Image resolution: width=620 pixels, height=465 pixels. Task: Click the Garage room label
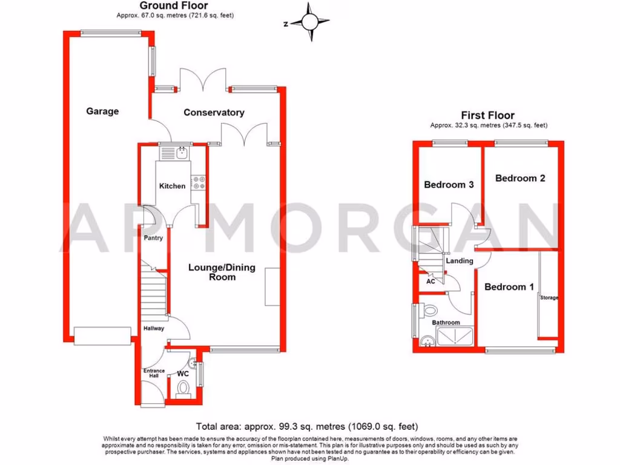pos(102,111)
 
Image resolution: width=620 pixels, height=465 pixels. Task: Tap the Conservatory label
pos(214,113)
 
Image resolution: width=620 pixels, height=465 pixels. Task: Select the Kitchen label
pos(172,186)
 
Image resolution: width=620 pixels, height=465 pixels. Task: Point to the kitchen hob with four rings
pos(198,182)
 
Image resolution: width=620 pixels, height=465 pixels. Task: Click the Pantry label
pos(153,238)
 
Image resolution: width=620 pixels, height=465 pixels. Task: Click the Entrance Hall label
pos(153,374)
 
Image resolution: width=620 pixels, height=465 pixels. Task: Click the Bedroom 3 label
pos(449,185)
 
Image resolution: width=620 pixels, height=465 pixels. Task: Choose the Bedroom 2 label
pos(520,178)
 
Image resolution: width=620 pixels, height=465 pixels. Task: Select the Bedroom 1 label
pos(509,287)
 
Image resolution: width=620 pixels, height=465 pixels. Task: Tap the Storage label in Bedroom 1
pos(549,298)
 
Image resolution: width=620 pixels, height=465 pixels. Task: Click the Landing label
pos(460,261)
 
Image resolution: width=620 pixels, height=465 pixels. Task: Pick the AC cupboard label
pos(430,282)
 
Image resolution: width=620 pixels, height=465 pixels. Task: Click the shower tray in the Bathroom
pos(456,337)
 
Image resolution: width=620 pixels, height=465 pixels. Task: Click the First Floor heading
pos(487,115)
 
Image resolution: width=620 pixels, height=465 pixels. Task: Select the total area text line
pos(307,426)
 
